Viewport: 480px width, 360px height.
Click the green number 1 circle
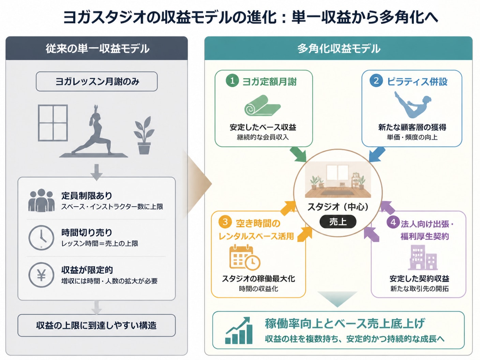(x=232, y=81)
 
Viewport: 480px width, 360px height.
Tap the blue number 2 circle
(x=376, y=81)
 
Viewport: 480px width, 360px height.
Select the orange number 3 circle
(x=225, y=222)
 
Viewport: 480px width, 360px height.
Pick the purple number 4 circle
(x=393, y=223)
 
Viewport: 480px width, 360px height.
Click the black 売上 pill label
(x=338, y=222)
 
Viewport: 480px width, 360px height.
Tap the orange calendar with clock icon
(x=245, y=257)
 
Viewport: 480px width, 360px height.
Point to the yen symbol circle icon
(x=41, y=275)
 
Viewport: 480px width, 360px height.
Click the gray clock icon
(x=41, y=238)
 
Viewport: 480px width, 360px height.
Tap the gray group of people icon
(x=41, y=200)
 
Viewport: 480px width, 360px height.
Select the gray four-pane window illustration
(x=53, y=123)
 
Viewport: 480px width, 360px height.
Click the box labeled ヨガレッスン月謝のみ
(x=97, y=81)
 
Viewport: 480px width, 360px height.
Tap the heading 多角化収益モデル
(x=339, y=48)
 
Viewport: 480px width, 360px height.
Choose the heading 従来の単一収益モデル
(x=97, y=48)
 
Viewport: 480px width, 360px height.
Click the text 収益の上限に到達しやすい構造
(x=96, y=326)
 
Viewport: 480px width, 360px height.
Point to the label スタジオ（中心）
(x=338, y=207)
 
